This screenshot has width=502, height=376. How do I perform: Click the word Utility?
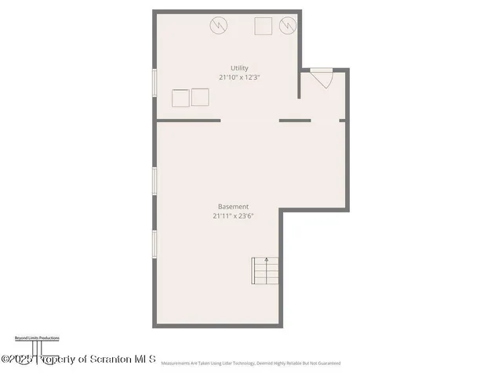click(x=239, y=68)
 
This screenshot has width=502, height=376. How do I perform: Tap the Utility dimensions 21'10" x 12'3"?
click(x=239, y=78)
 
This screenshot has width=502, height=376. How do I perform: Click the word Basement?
click(x=233, y=207)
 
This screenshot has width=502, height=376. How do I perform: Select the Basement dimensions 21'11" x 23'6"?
click(x=233, y=216)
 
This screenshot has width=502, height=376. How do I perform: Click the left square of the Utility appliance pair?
click(x=181, y=98)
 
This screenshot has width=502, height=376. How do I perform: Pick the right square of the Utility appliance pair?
click(x=201, y=97)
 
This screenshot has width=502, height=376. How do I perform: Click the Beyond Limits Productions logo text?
click(x=37, y=338)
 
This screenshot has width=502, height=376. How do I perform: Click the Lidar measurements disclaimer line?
click(x=251, y=363)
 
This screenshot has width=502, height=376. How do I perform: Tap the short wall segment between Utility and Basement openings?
click(x=295, y=121)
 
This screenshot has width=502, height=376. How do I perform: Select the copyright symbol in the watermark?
click(x=5, y=359)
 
